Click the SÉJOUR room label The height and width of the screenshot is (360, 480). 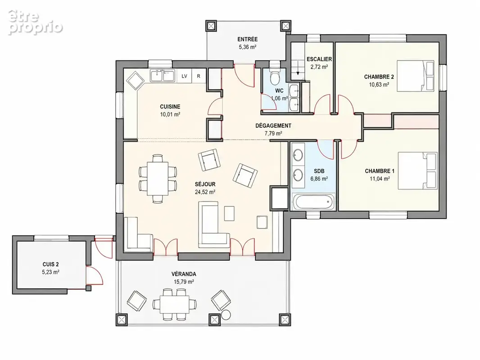[x=205, y=184]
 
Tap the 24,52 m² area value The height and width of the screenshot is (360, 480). [x=205, y=192]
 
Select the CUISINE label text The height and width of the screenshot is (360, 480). [x=170, y=107]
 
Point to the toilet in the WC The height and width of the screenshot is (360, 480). [x=275, y=75]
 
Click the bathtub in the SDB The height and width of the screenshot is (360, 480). [x=313, y=202]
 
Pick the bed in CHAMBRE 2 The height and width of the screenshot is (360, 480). [x=416, y=76]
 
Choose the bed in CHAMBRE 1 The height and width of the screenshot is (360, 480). [x=417, y=171]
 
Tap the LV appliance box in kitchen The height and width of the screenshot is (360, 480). [x=184, y=76]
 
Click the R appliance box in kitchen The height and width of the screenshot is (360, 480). [x=199, y=76]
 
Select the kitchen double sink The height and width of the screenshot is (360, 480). [x=162, y=76]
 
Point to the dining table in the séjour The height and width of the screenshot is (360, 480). [x=158, y=179]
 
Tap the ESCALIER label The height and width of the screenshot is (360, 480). [x=319, y=59]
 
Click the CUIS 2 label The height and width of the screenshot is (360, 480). [x=50, y=264]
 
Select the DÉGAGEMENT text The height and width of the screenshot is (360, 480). [x=273, y=126]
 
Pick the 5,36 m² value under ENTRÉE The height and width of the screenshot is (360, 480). [x=247, y=47]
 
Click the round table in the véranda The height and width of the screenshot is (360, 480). [x=227, y=315]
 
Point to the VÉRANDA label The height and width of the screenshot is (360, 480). [x=184, y=274]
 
